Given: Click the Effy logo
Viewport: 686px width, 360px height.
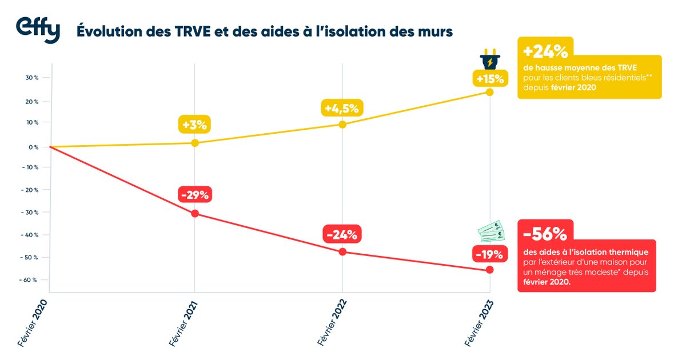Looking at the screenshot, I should pyautogui.click(x=37, y=30).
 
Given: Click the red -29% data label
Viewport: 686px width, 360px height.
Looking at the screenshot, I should pyautogui.click(x=195, y=195).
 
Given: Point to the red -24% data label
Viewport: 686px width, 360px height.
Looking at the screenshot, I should pyautogui.click(x=342, y=234).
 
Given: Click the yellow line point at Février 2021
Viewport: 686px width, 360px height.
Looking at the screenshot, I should pyautogui.click(x=195, y=143).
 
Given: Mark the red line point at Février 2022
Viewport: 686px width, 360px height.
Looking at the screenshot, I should pyautogui.click(x=342, y=252).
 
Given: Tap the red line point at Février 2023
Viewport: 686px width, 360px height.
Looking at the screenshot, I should pyautogui.click(x=490, y=270).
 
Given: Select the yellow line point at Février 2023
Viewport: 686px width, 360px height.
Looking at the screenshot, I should pyautogui.click(x=490, y=92).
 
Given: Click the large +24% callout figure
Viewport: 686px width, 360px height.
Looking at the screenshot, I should pyautogui.click(x=545, y=51).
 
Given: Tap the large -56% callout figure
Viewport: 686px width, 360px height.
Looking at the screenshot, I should pyautogui.click(x=545, y=234).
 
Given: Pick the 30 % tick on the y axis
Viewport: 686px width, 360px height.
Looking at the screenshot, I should pyautogui.click(x=31, y=78).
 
